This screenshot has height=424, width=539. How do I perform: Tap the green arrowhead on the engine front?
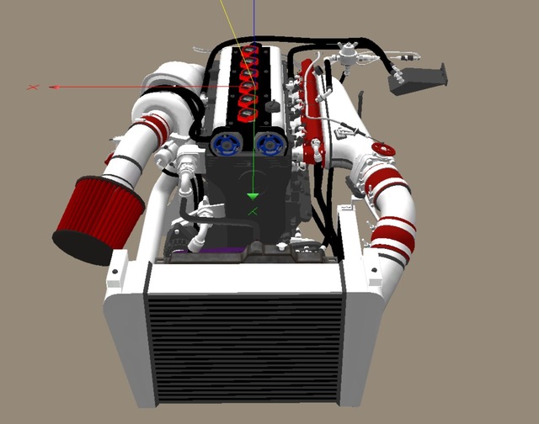[253, 196]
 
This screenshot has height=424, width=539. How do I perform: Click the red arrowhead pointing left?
[54, 86]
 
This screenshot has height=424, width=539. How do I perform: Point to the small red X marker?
[33, 86]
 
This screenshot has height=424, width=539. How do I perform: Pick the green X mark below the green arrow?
[253, 211]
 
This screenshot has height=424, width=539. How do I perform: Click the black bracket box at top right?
[417, 78]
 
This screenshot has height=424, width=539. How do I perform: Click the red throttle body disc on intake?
[382, 151]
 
